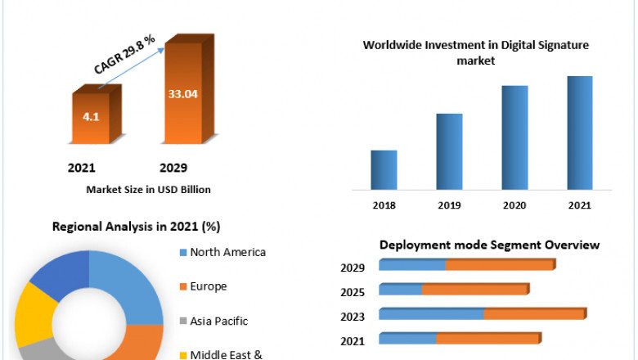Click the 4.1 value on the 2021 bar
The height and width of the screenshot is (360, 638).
[91, 117]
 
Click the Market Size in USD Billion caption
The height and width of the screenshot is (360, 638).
[148, 189]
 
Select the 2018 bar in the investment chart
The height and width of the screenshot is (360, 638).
[384, 169]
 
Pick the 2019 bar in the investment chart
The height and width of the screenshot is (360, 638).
[449, 151]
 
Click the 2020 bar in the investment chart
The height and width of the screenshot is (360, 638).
[514, 137]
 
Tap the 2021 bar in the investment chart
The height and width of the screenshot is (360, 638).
[580, 133]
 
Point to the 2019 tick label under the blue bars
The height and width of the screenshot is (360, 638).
[449, 205]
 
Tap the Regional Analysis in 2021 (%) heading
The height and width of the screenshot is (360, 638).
[136, 227]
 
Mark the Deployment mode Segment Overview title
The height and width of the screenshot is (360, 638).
[489, 245]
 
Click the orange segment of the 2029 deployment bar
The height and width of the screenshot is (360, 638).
[500, 265]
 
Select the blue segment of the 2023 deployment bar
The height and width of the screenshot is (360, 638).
[431, 313]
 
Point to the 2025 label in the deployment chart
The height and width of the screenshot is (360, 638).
[353, 291]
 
